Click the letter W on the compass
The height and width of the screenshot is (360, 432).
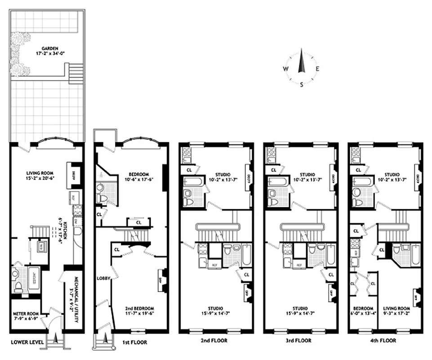(x=285, y=69)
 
